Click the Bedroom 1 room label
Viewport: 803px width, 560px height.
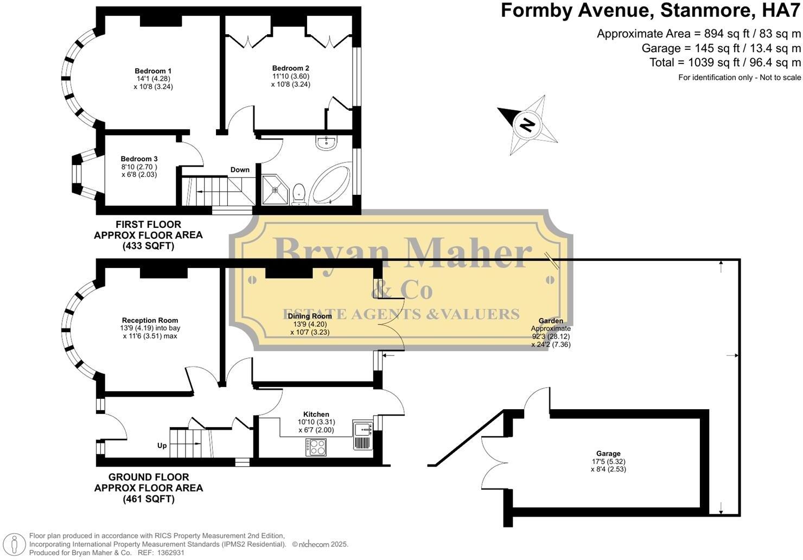pyautogui.click(x=153, y=71)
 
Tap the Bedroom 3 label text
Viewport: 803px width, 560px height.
pyautogui.click(x=139, y=159)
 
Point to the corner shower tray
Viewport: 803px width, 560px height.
pyautogui.click(x=275, y=189)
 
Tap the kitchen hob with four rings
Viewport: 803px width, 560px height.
pyautogui.click(x=316, y=447)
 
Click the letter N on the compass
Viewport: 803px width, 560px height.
pyautogui.click(x=527, y=125)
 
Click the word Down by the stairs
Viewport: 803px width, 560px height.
pyautogui.click(x=240, y=170)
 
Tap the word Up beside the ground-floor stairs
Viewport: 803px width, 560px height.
pyautogui.click(x=162, y=446)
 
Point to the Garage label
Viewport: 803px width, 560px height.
pyautogui.click(x=608, y=454)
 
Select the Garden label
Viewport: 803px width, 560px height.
pyautogui.click(x=551, y=321)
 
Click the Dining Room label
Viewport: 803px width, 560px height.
pyautogui.click(x=310, y=316)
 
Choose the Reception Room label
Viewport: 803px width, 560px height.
pyautogui.click(x=150, y=320)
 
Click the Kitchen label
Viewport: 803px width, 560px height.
pyautogui.click(x=316, y=414)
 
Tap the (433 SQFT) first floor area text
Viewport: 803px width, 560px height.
pyautogui.click(x=149, y=246)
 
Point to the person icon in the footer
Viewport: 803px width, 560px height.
pyautogui.click(x=14, y=544)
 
